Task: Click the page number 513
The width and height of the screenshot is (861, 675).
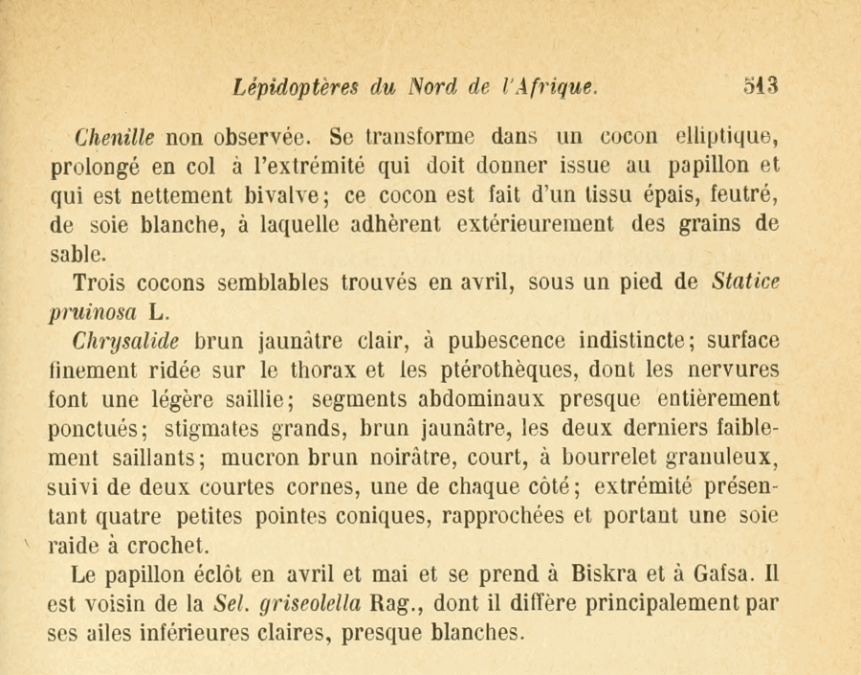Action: click(x=762, y=86)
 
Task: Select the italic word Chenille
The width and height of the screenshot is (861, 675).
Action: click(x=114, y=135)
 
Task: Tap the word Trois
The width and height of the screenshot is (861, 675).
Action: click(x=99, y=283)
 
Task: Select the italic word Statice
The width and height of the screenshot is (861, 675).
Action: click(x=746, y=283)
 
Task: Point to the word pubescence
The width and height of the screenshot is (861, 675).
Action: click(x=507, y=342)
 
